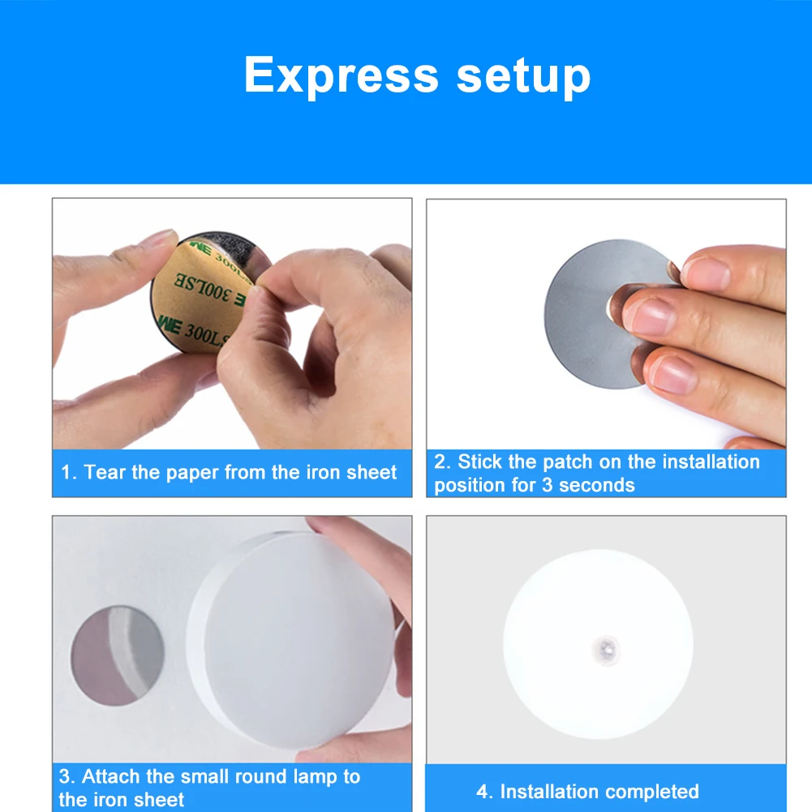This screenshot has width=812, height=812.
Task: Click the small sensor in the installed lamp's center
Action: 605,647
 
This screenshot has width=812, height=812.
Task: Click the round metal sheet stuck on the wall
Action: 118,658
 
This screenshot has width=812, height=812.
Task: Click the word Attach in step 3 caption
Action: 111,776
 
